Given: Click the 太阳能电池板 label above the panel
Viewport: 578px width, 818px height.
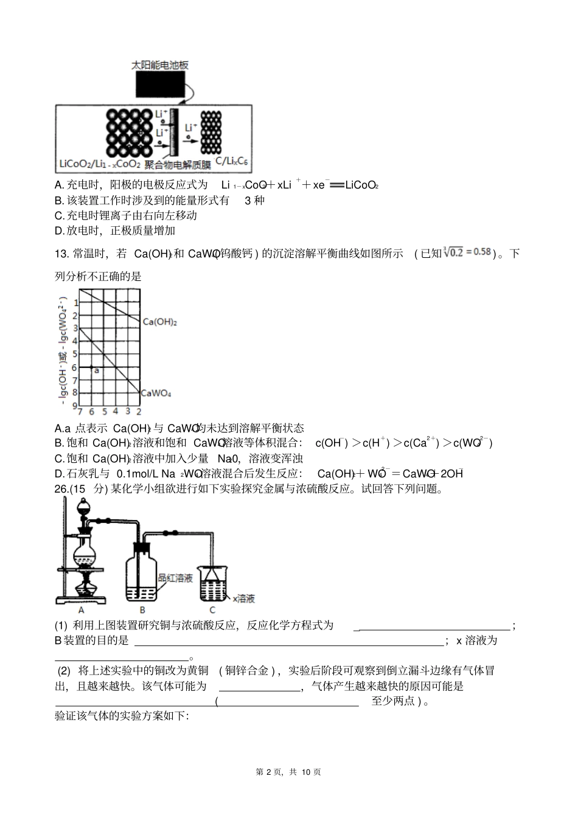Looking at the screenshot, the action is coord(160,65).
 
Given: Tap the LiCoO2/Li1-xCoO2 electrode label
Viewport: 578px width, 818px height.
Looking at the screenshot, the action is coord(100,164).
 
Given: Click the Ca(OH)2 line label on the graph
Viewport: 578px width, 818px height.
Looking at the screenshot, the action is coord(159,322).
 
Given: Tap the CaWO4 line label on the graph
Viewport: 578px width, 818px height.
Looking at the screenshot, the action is coord(156,393).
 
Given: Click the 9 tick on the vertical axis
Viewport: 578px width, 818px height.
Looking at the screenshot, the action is coord(75,406).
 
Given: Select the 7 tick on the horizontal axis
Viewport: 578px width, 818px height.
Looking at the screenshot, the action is coord(80,412).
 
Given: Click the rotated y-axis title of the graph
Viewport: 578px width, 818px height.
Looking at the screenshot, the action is coord(63,347).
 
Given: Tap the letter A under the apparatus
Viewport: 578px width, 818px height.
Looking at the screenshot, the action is coord(81,609).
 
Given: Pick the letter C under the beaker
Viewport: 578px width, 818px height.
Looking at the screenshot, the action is coord(212,609).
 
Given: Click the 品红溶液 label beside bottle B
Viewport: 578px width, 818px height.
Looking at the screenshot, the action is coord(175,578).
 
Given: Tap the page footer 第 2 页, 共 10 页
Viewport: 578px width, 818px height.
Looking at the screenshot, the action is coord(288,772).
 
